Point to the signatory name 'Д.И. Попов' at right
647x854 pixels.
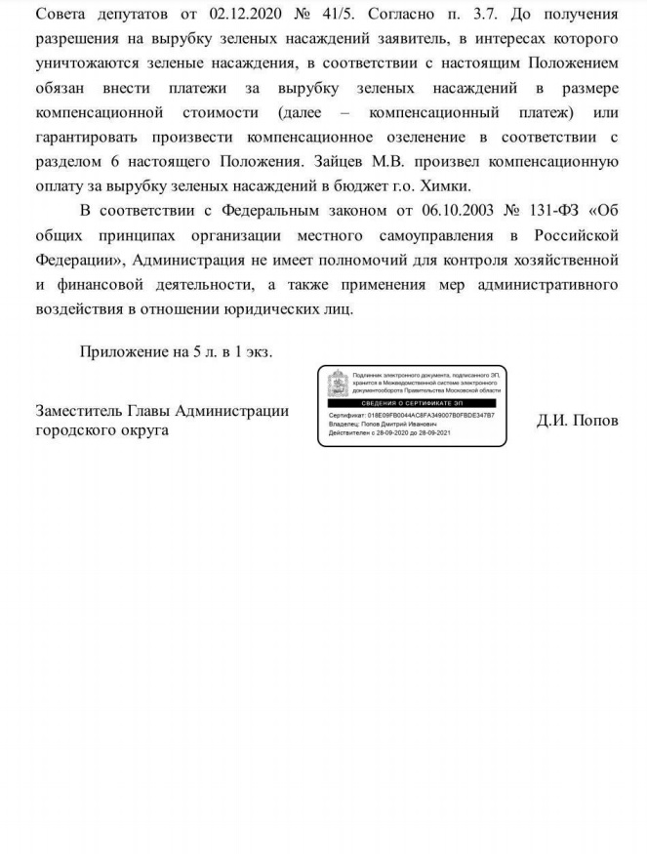577,421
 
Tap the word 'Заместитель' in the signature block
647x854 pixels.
83,411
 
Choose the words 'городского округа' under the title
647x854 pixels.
101,430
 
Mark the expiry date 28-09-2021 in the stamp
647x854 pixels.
432,433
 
